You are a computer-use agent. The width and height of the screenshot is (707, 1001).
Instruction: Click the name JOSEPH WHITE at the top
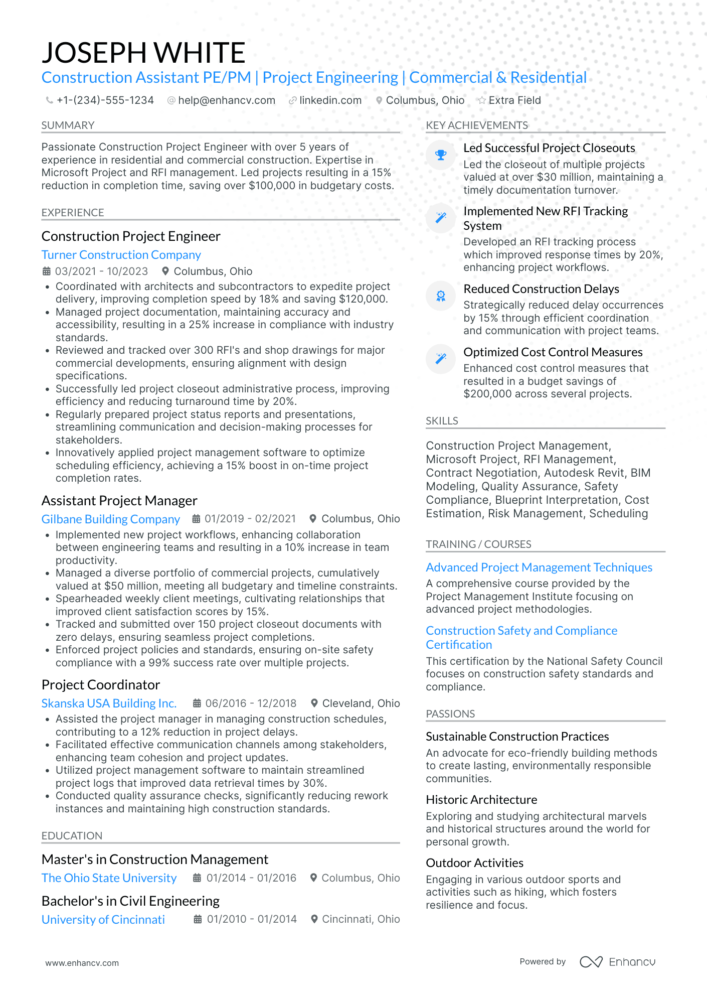(143, 53)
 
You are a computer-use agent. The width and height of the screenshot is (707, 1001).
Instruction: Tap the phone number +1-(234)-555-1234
(105, 100)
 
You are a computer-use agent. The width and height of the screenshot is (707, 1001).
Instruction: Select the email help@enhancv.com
(227, 100)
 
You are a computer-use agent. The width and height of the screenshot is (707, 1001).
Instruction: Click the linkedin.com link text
(330, 100)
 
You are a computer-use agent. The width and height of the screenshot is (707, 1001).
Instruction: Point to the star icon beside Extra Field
(482, 100)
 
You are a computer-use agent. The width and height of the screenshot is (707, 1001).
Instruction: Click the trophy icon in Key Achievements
(441, 155)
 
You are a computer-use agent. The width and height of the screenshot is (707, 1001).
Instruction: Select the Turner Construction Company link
(121, 255)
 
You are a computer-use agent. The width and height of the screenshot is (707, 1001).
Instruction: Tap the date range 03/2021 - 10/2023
(101, 271)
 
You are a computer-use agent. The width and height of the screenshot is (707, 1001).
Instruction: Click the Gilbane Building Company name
(111, 519)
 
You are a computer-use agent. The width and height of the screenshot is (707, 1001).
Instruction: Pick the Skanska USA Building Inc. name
(109, 703)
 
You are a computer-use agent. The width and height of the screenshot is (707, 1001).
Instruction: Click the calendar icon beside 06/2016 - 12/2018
(198, 703)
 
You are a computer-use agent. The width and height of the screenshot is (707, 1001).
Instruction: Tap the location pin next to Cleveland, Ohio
(314, 703)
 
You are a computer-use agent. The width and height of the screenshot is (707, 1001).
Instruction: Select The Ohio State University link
(109, 878)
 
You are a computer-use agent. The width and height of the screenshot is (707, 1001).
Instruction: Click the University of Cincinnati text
(103, 920)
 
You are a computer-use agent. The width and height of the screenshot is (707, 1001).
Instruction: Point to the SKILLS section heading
(442, 421)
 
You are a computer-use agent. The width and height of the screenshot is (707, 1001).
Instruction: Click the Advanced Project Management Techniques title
(539, 567)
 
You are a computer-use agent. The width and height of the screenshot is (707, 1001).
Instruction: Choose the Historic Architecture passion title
(481, 800)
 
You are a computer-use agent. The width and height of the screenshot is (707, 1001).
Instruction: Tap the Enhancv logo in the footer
(618, 962)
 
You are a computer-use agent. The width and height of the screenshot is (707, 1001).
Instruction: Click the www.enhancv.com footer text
(82, 963)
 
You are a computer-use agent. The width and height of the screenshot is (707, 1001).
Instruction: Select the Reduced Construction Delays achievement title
(541, 289)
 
